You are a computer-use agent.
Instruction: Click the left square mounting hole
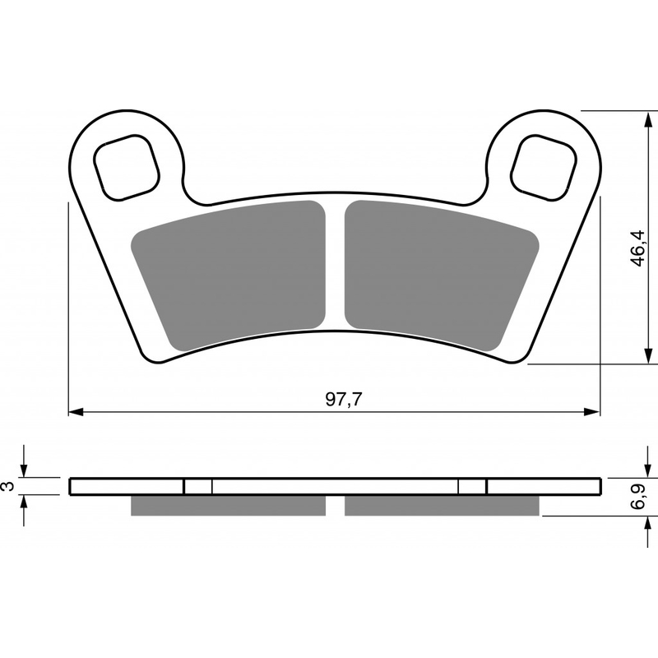pos(127,167)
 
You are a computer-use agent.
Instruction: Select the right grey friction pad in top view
pos(436,271)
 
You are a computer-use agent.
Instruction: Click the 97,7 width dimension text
pos(344,400)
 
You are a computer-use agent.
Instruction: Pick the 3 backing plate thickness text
pos(9,486)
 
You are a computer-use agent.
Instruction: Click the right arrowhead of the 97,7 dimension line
pos(594,410)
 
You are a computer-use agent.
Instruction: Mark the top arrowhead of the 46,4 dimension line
pos(642,115)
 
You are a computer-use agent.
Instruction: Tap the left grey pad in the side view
pos(228,505)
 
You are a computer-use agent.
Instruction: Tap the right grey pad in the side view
pos(442,505)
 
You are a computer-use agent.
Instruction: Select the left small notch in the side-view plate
pos(197,486)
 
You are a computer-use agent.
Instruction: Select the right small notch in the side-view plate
pos(472,486)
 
